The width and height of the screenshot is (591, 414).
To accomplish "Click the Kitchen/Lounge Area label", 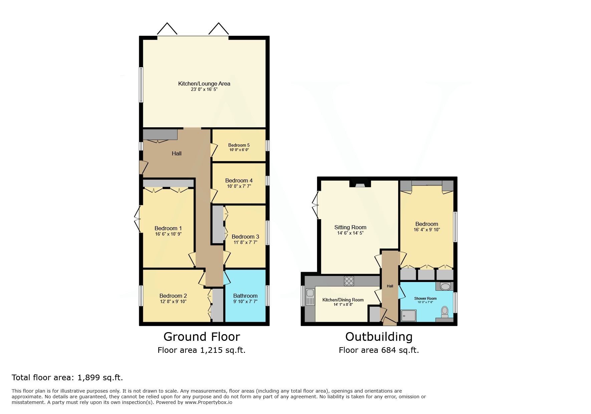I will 204,84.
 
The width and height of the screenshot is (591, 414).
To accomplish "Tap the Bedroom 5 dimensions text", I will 239,150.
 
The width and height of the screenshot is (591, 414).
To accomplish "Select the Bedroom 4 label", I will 239,180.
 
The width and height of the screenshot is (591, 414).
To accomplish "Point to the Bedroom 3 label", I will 245,237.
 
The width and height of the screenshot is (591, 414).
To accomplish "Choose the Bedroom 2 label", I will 173,296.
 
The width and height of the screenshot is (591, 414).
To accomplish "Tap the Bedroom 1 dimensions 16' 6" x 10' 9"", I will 168,234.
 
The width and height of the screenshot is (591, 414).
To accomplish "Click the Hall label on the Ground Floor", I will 177,153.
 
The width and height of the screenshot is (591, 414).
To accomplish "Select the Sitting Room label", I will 350,227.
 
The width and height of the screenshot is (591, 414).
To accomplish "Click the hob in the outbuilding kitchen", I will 349,281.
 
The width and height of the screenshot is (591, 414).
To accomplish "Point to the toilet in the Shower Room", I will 445,311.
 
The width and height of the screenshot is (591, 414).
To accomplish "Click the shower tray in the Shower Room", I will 408,315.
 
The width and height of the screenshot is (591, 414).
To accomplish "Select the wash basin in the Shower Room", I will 445,286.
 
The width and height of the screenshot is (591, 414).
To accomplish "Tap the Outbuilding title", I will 379,336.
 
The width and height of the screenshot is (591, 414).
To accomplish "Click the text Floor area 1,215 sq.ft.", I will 202,350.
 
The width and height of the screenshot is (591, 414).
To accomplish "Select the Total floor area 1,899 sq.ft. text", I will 67,378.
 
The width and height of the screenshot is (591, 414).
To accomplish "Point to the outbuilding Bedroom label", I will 426,224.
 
